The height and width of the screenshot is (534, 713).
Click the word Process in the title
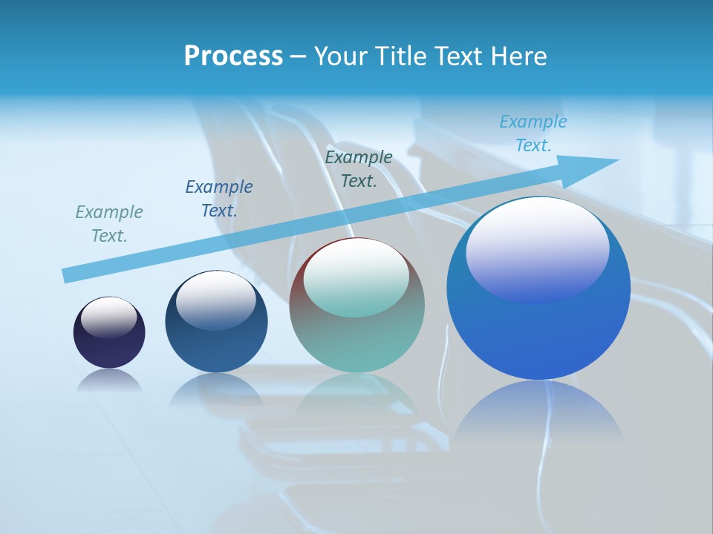233,56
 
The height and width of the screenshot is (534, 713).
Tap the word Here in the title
518,56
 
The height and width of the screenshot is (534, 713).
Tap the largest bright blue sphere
538,334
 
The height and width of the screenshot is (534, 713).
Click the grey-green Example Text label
109,224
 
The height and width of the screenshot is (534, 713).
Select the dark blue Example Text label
219,199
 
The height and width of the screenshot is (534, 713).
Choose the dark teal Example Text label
359,169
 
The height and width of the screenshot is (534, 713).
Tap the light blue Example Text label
533,133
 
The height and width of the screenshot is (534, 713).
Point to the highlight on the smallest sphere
109,317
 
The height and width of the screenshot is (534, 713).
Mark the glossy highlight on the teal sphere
356,277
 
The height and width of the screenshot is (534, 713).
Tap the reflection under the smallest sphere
109,380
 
